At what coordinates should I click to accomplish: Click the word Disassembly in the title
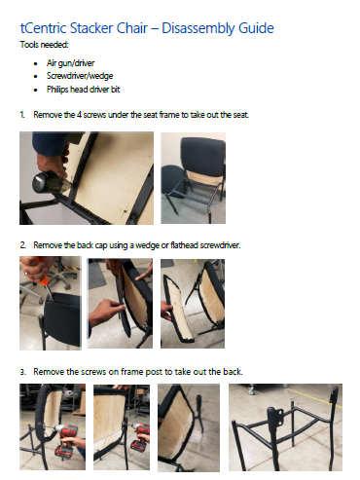pyautogui.click(x=198, y=28)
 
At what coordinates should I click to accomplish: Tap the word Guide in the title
pyautogui.click(x=256, y=28)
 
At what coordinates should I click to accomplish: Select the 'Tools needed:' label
pyautogui.click(x=44, y=45)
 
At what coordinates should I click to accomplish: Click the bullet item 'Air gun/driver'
pyautogui.click(x=70, y=63)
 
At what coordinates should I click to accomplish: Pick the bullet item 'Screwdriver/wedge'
pyautogui.click(x=80, y=76)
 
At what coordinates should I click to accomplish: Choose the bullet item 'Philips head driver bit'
pyautogui.click(x=84, y=90)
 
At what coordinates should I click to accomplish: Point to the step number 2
pyautogui.click(x=22, y=245)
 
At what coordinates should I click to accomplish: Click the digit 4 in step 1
pyautogui.click(x=79, y=115)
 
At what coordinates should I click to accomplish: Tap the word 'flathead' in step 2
pyautogui.click(x=184, y=245)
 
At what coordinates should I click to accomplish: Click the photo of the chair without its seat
pyautogui.click(x=194, y=178)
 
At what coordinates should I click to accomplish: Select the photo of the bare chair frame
pyautogui.click(x=285, y=427)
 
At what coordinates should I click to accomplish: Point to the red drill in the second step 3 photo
pyautogui.click(x=140, y=437)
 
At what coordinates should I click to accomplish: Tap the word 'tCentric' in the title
pyautogui.click(x=44, y=28)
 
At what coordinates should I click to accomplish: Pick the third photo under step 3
pyautogui.click(x=189, y=427)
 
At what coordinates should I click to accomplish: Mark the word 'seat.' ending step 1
pyautogui.click(x=241, y=115)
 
